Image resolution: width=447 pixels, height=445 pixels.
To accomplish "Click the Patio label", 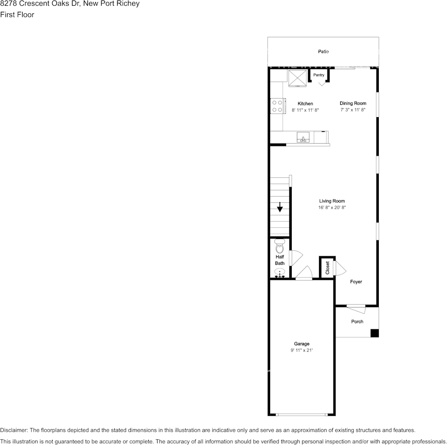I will (323, 51).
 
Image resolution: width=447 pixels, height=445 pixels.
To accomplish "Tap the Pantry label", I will (319, 75).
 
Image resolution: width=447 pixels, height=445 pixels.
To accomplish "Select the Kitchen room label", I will (305, 103).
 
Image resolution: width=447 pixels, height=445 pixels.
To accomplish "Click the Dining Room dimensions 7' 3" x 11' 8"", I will (353, 110).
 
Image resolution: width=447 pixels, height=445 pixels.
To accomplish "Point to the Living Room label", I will (332, 201).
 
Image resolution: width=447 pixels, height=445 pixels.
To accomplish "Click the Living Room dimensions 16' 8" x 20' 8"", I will (332, 207).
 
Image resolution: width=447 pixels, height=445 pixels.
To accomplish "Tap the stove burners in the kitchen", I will (277, 106).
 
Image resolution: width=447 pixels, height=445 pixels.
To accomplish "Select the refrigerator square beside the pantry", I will (297, 78).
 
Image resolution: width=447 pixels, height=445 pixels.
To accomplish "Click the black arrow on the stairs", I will (280, 207).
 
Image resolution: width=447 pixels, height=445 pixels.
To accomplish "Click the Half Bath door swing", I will (296, 257).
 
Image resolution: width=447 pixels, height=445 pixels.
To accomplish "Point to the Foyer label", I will (356, 282).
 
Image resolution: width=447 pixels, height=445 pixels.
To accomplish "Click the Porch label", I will (357, 322).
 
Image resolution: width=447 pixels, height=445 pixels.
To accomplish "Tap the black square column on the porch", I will (375, 333).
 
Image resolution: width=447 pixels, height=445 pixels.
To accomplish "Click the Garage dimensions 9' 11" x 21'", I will (302, 350).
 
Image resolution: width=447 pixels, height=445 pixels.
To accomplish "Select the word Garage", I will (302, 344).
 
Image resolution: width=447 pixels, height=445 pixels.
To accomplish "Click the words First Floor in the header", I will (17, 15).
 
